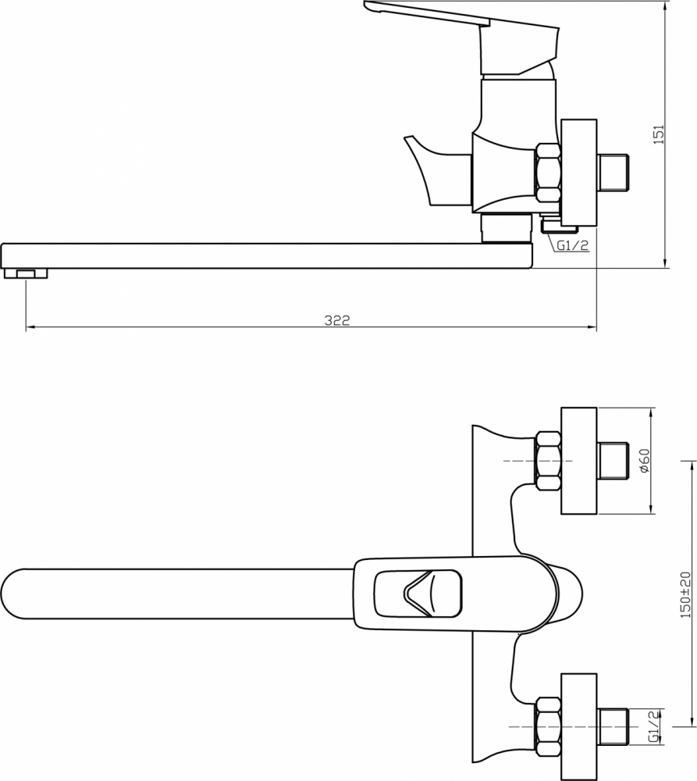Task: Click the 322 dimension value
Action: [x=337, y=319]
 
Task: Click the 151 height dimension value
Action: [x=659, y=134]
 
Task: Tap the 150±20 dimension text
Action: [x=685, y=594]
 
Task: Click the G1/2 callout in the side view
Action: [x=573, y=244]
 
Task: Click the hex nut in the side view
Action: [x=548, y=173]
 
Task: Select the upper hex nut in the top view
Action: [x=548, y=461]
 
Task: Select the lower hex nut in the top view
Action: [x=548, y=726]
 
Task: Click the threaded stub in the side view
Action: [x=613, y=173]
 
